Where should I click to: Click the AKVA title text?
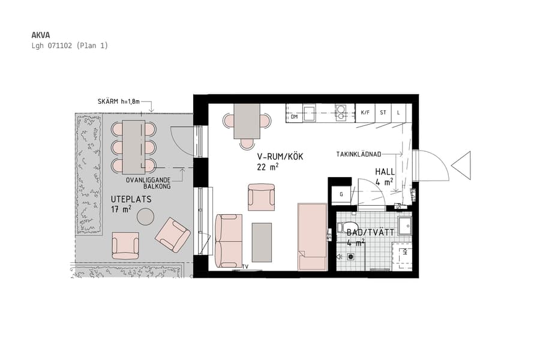(40, 35)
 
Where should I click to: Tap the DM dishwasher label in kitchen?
(294, 117)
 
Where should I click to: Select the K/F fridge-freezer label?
(365, 112)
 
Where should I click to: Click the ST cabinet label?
(383, 112)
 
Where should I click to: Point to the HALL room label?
(385, 172)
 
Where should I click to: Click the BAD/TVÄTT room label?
(371, 232)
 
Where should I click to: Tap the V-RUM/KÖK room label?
(281, 157)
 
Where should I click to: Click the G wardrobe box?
(341, 194)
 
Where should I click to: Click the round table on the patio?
(145, 215)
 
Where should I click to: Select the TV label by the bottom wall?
(245, 266)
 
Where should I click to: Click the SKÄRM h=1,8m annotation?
(118, 101)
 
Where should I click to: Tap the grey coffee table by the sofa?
(262, 242)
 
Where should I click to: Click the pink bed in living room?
(312, 236)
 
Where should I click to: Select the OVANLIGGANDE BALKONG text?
(148, 183)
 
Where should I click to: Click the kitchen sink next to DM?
(309, 113)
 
